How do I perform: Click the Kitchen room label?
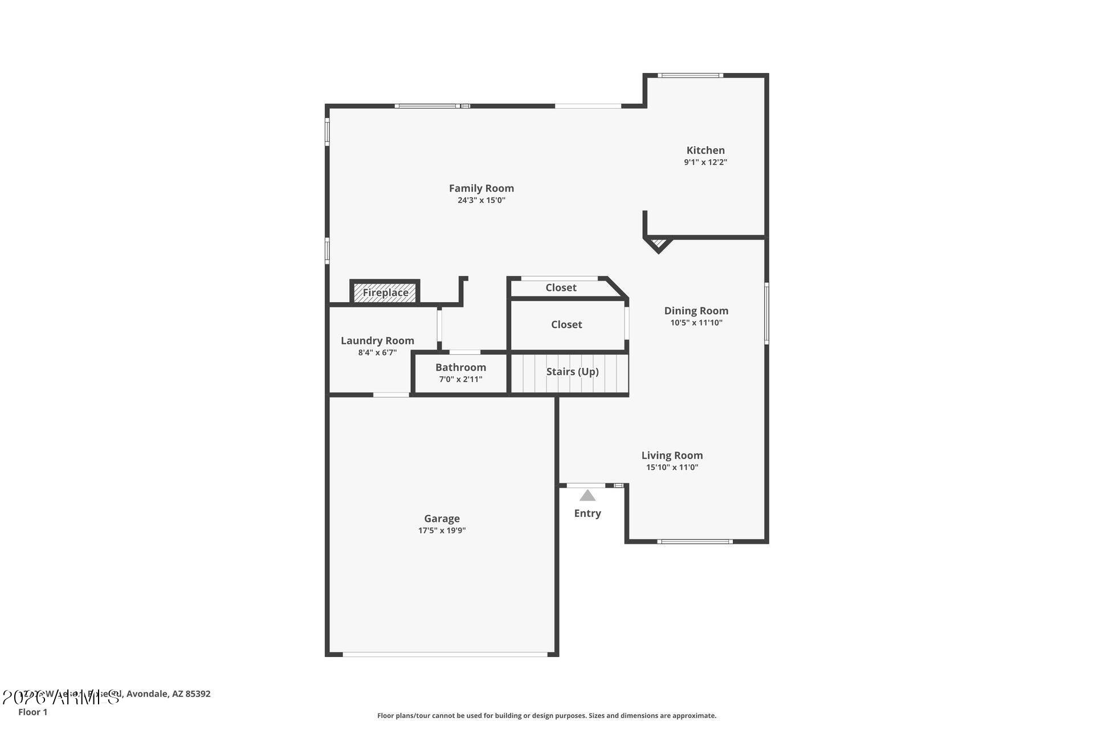point(705,151)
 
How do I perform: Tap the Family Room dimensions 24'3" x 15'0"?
point(481,200)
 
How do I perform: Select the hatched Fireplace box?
point(385,293)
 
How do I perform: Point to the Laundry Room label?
point(377,340)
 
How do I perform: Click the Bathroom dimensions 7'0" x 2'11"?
point(460,379)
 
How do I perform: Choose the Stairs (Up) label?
point(572,372)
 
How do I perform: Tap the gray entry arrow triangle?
point(587,496)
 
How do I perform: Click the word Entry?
point(587,513)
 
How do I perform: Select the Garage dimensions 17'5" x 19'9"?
point(442,530)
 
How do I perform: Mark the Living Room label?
point(672,455)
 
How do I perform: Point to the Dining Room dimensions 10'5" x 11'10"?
point(696,323)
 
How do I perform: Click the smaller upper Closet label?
point(561,287)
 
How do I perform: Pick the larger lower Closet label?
point(566,325)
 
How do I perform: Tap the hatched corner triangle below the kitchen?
point(659,244)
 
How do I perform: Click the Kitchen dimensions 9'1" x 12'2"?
point(705,162)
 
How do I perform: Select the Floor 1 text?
point(33,712)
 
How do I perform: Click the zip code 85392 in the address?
point(198,694)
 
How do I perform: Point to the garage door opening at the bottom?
point(445,654)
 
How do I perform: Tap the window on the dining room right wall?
point(766,313)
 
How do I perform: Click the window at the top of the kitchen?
point(690,75)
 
